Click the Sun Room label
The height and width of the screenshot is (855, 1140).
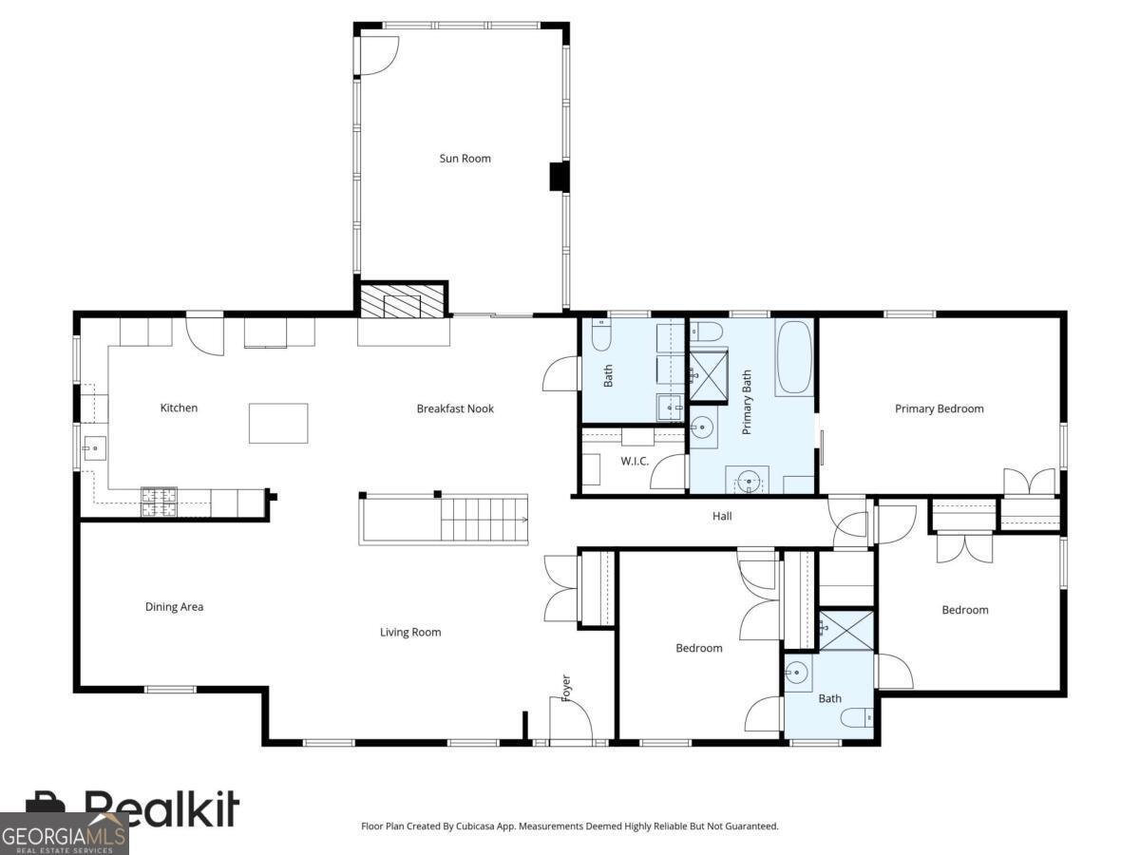pyautogui.click(x=465, y=159)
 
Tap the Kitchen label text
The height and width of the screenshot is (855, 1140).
pyautogui.click(x=179, y=408)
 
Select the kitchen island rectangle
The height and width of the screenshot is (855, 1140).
pyautogui.click(x=278, y=423)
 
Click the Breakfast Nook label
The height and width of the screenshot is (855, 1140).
pyautogui.click(x=455, y=409)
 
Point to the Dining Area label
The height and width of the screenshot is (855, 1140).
pyautogui.click(x=174, y=607)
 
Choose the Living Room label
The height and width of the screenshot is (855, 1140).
pyautogui.click(x=410, y=633)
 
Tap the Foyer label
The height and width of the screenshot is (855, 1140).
pyautogui.click(x=566, y=689)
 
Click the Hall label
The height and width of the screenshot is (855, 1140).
pyautogui.click(x=722, y=517)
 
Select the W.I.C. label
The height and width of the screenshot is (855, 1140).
pyautogui.click(x=635, y=462)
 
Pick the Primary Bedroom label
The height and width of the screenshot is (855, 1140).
pyautogui.click(x=939, y=409)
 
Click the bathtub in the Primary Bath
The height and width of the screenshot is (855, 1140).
pyautogui.click(x=793, y=358)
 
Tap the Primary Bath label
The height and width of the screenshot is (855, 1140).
pyautogui.click(x=747, y=403)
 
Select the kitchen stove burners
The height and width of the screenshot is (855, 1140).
pyautogui.click(x=159, y=502)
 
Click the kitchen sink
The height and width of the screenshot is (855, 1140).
pyautogui.click(x=93, y=446)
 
